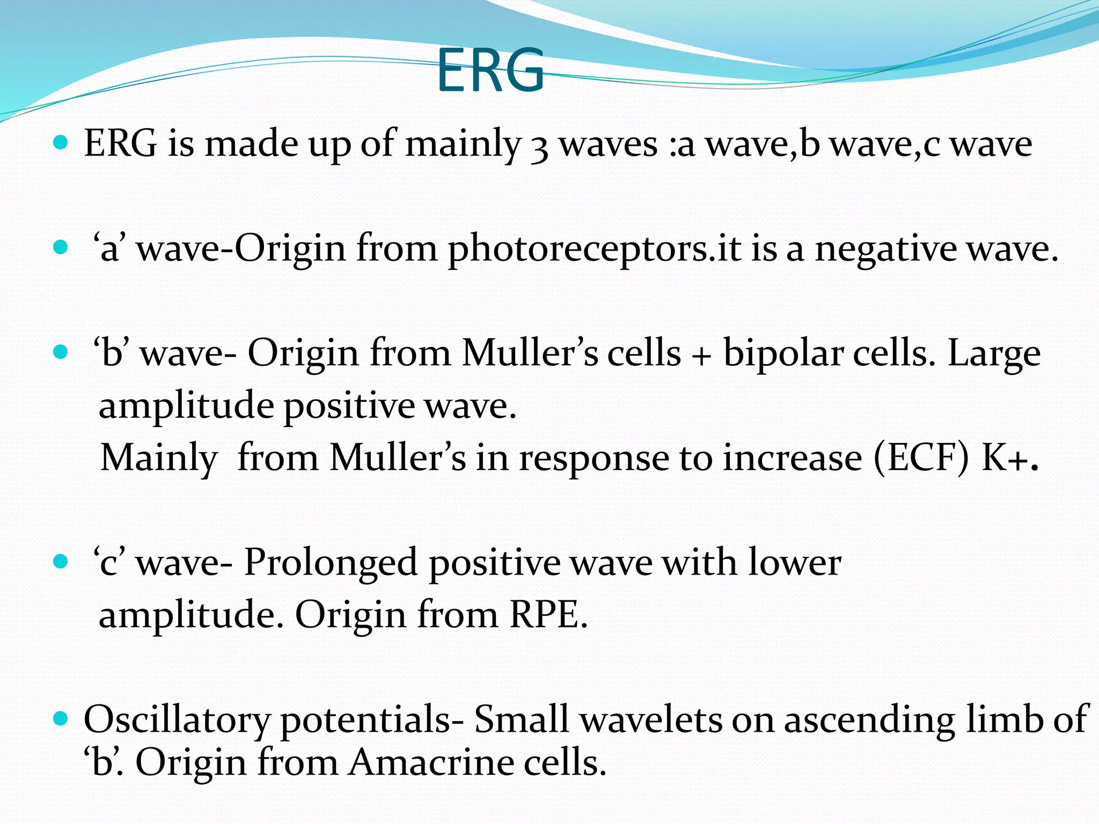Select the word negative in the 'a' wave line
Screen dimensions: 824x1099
pos(885,249)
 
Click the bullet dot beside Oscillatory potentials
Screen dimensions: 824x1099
pos(61,718)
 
